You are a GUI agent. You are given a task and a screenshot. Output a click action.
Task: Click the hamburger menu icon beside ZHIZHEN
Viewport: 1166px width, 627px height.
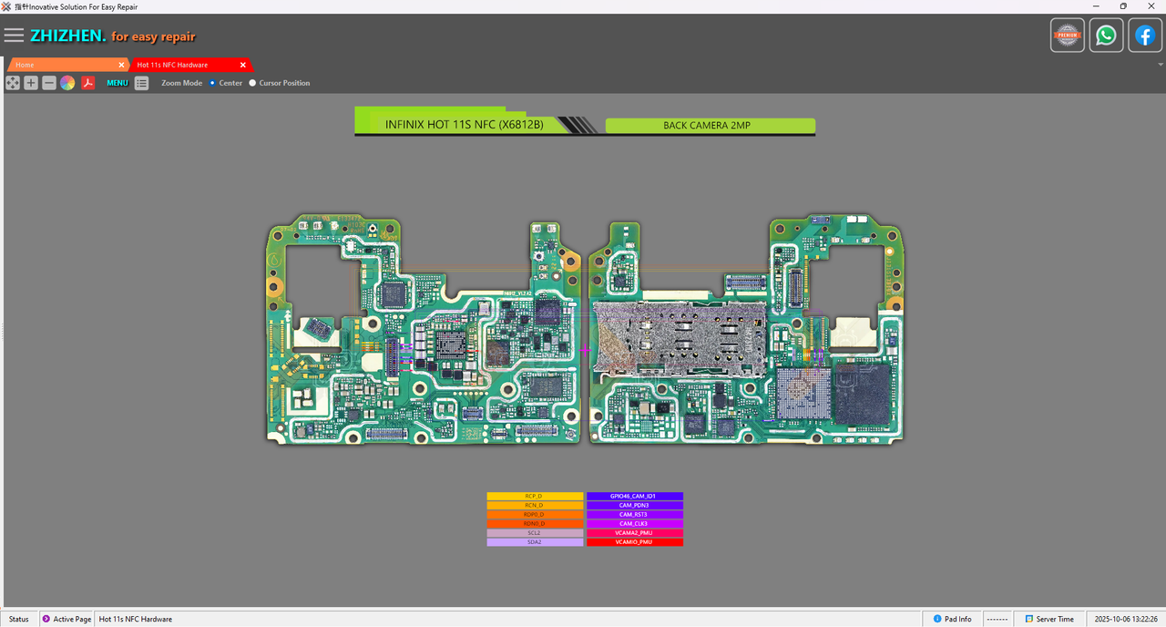pos(14,36)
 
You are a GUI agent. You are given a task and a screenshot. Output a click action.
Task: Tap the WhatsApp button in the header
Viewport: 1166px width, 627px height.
pos(1106,36)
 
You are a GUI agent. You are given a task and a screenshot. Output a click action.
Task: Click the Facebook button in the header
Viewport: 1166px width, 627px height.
pos(1144,36)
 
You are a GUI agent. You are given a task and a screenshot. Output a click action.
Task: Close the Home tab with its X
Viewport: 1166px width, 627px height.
pos(121,65)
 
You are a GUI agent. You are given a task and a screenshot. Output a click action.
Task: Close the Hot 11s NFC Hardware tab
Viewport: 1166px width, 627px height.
pos(242,65)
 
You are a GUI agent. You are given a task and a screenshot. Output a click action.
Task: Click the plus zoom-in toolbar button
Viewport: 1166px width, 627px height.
pos(31,83)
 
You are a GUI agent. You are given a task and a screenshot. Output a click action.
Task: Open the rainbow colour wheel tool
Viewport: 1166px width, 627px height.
pos(67,83)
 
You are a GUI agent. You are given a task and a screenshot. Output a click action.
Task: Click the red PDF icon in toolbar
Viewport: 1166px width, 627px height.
pos(88,83)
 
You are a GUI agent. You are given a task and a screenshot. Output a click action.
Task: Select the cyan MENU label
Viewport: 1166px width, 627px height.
pos(118,83)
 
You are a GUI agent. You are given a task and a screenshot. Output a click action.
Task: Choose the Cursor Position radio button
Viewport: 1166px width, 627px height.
pos(252,83)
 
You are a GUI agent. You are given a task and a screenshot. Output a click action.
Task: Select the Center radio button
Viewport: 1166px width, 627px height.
pos(212,83)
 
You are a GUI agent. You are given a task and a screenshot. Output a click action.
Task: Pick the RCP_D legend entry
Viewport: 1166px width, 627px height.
pos(535,497)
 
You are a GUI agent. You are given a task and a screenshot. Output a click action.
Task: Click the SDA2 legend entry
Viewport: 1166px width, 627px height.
pos(535,542)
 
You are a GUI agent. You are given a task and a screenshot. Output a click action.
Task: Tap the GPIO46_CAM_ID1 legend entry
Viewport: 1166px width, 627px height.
pos(634,497)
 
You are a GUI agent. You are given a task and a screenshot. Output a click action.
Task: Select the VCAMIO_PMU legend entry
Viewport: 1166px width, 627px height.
pos(634,542)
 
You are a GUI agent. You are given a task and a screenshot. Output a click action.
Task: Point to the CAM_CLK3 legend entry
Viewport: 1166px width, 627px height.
pos(634,524)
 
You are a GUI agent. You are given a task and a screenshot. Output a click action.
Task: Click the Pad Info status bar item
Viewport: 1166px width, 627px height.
pos(951,619)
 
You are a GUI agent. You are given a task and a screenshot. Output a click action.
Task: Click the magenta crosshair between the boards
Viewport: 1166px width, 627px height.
pos(585,350)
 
